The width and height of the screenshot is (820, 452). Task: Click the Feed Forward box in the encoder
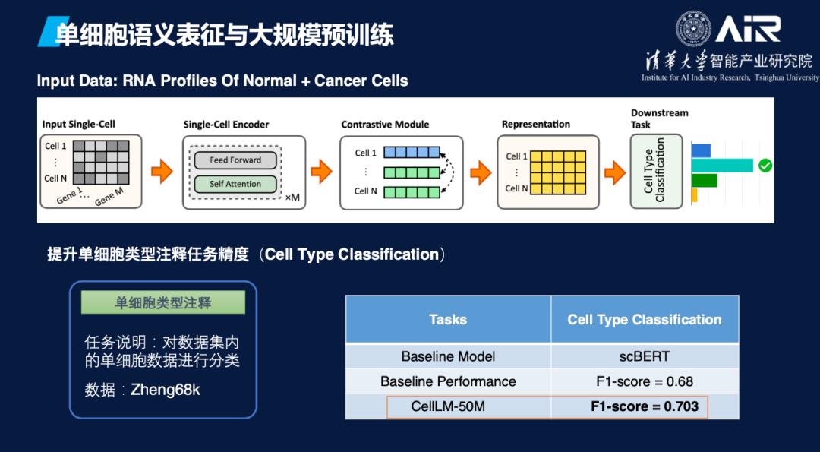(x=235, y=160)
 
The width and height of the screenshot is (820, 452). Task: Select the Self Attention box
(x=235, y=184)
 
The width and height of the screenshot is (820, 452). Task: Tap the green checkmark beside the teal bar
(x=765, y=165)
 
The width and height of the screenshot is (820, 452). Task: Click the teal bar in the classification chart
(x=721, y=165)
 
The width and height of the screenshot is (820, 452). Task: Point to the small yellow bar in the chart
(x=694, y=195)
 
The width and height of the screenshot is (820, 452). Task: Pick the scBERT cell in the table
(x=644, y=356)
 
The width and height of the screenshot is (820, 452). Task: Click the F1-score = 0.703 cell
(x=644, y=406)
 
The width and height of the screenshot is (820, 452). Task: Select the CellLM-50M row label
(x=448, y=406)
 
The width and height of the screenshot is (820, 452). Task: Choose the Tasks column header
(x=448, y=320)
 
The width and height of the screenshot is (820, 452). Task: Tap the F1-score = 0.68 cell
(x=644, y=381)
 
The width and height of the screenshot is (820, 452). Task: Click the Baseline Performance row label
(x=448, y=381)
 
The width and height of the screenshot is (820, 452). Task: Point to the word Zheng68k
(x=166, y=390)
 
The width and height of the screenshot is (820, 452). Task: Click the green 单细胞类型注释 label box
(x=163, y=302)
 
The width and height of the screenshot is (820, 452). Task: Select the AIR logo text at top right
(x=749, y=30)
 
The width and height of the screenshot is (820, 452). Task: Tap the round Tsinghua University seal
(x=693, y=29)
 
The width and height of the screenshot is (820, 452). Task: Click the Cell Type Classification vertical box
(x=655, y=171)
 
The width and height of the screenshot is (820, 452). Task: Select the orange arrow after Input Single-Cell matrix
(x=162, y=172)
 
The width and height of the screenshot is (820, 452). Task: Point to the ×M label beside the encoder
(x=292, y=198)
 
